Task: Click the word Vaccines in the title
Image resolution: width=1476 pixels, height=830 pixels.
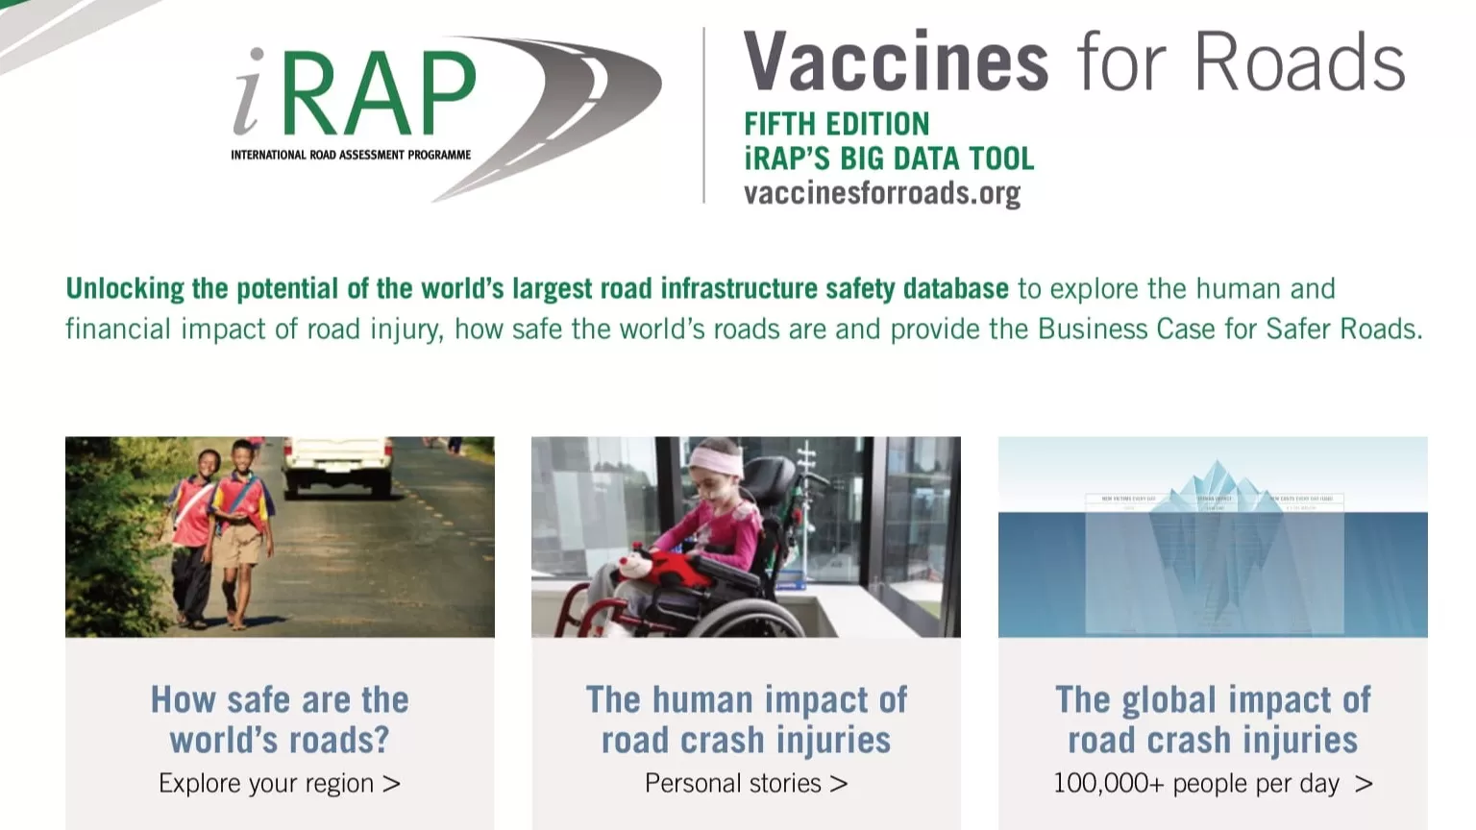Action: coord(896,63)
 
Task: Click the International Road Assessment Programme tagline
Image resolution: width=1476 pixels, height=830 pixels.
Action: coord(351,155)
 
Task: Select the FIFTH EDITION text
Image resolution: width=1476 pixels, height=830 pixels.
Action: coord(836,124)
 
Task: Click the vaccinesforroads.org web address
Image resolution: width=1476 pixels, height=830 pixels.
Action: coord(881,193)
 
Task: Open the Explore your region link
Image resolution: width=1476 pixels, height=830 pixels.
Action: coord(280,784)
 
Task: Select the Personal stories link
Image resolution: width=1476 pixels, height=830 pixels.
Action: coord(746,784)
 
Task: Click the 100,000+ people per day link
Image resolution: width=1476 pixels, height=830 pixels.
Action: coord(1213,784)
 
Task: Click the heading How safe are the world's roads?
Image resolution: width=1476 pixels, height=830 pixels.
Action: coord(280,720)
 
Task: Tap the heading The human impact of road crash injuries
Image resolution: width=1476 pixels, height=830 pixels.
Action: coord(746,720)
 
